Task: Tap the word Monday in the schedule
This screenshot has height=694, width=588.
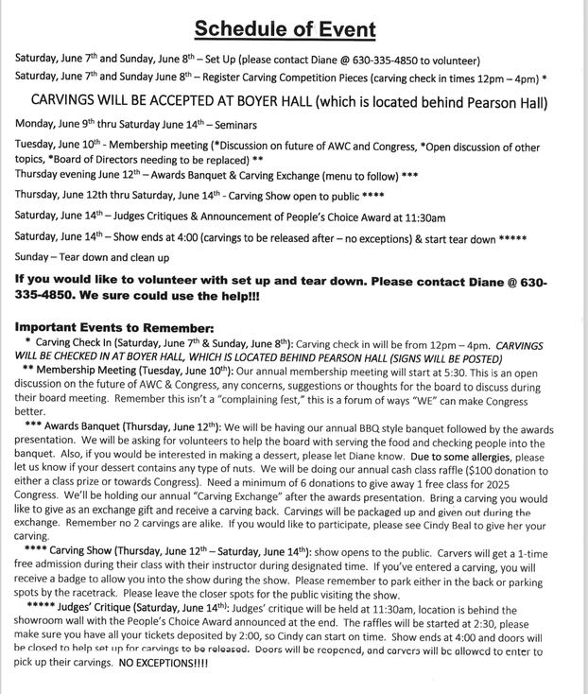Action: click(x=36, y=124)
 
